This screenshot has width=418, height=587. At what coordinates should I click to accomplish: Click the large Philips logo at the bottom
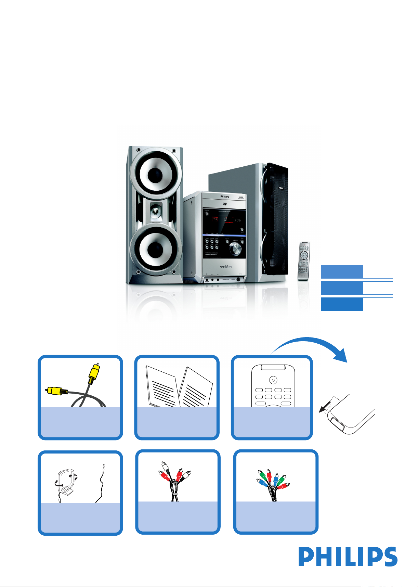348,557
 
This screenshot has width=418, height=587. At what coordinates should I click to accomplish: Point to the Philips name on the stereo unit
224,197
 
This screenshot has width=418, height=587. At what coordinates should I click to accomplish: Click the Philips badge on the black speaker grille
280,188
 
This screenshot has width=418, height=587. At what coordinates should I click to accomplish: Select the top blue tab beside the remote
341,271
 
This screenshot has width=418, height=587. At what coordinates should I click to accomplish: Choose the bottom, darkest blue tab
341,304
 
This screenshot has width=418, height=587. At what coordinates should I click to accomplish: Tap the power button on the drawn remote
272,380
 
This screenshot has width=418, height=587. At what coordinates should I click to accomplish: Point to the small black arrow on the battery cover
323,408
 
